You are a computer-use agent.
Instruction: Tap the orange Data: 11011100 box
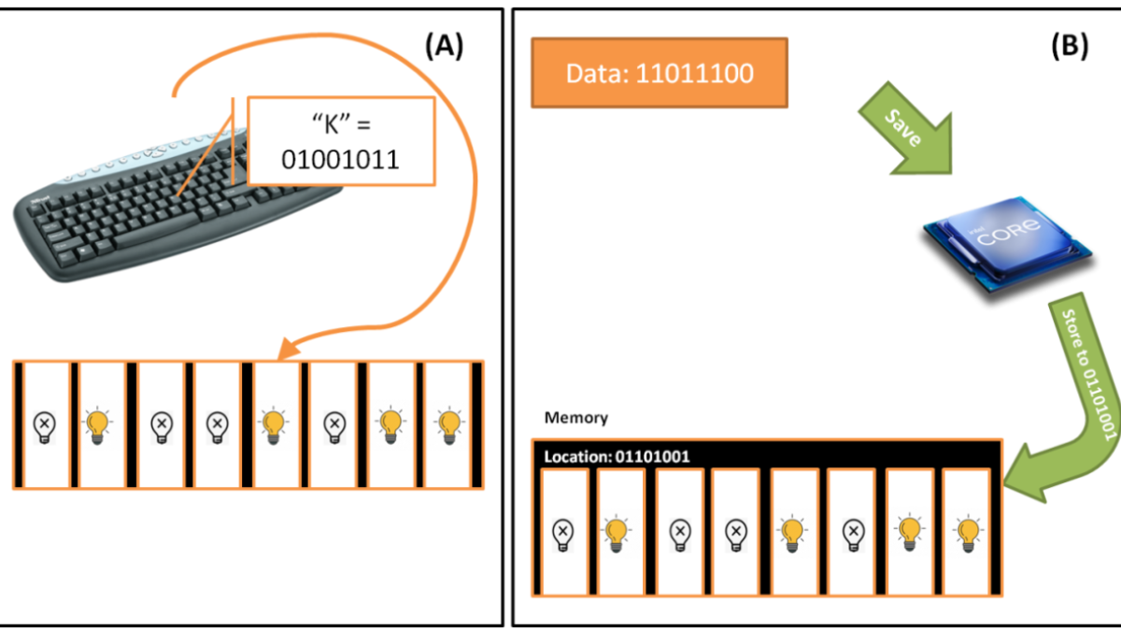tap(660, 74)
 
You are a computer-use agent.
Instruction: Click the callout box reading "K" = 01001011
tap(341, 141)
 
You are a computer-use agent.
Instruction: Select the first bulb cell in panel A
tap(45, 425)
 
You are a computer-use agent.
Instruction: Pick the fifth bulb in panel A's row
tap(273, 425)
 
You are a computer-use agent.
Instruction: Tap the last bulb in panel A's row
tap(450, 425)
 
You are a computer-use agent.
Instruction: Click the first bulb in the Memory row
tap(563, 533)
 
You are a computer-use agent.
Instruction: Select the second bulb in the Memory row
tap(617, 533)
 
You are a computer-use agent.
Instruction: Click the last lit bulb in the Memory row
tap(966, 533)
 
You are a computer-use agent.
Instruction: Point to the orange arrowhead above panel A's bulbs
tap(287, 351)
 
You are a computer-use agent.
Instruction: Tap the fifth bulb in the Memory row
tap(793, 533)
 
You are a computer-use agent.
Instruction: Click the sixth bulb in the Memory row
tap(851, 533)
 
